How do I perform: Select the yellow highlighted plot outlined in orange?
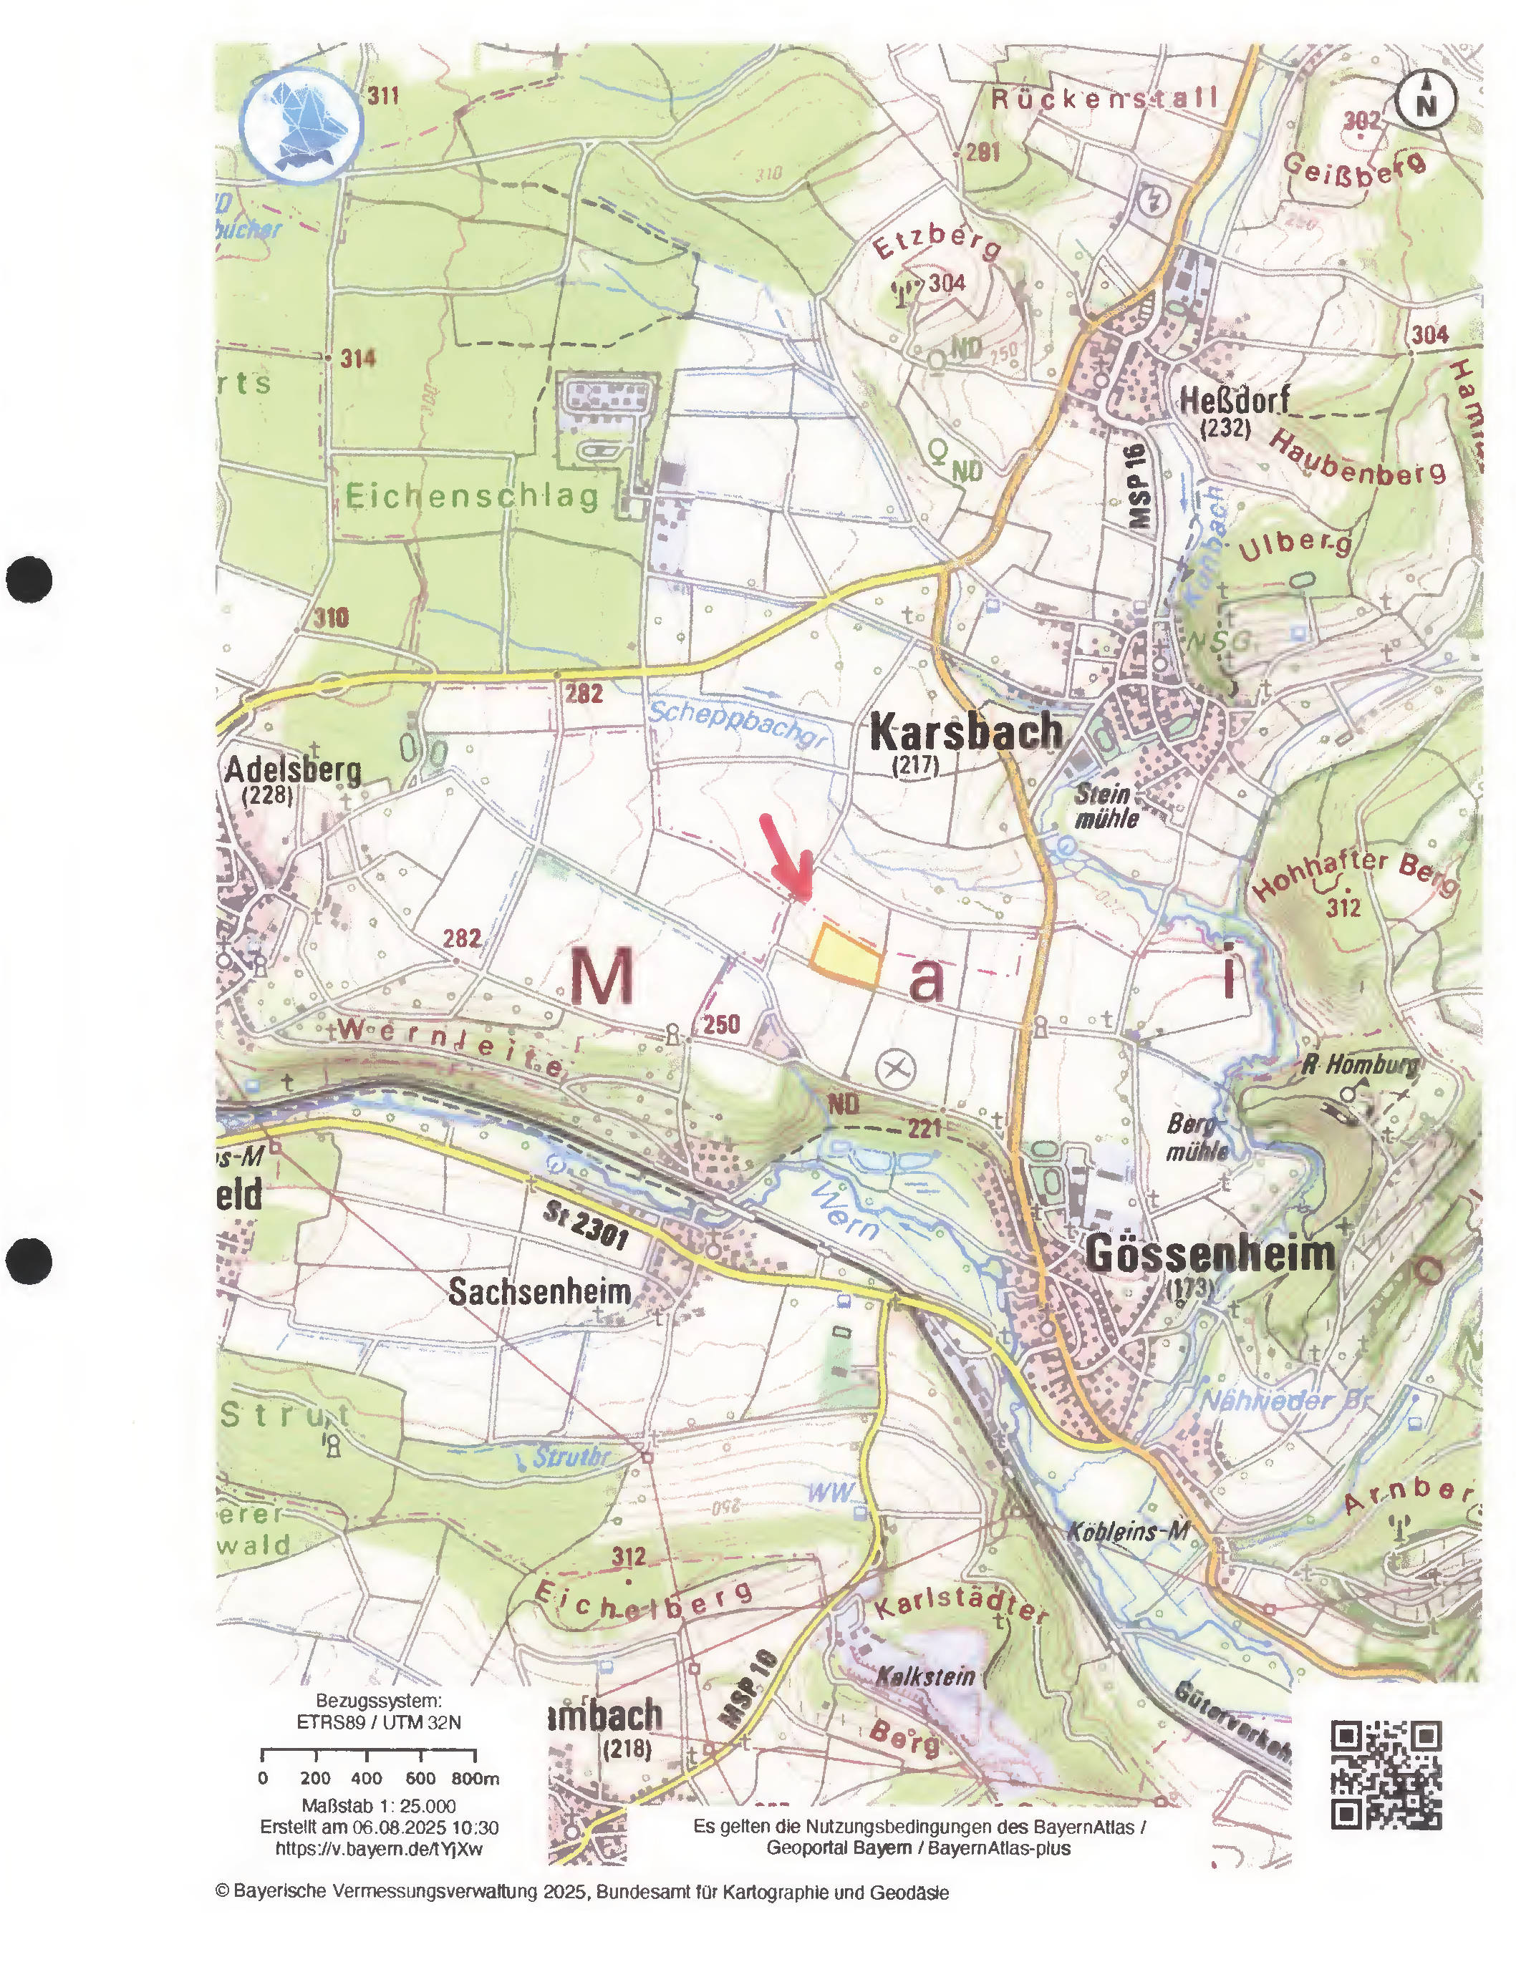(845, 958)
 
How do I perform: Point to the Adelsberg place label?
(293, 770)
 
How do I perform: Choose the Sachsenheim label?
(539, 1292)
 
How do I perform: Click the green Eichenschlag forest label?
(472, 495)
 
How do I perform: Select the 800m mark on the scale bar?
(475, 1778)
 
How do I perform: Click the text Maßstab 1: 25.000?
(378, 1806)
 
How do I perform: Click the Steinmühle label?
(1106, 806)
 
